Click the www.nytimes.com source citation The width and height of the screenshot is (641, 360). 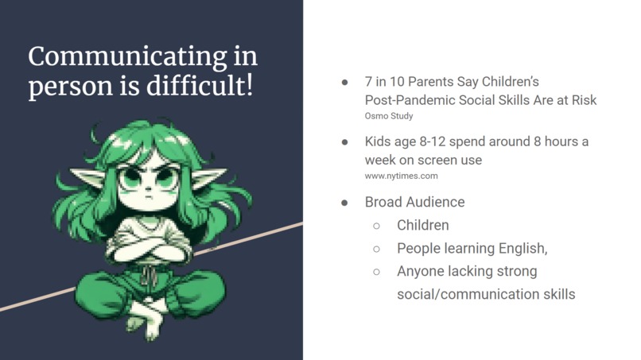pos(401,176)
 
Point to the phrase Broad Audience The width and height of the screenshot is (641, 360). pos(414,202)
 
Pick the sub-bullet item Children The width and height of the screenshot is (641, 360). pos(422,225)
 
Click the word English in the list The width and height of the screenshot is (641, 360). pos(518,248)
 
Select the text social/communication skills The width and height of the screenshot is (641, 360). pos(485,294)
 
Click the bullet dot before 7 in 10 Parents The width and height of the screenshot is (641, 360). pos(344,82)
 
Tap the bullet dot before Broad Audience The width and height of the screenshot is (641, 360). pos(344,202)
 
